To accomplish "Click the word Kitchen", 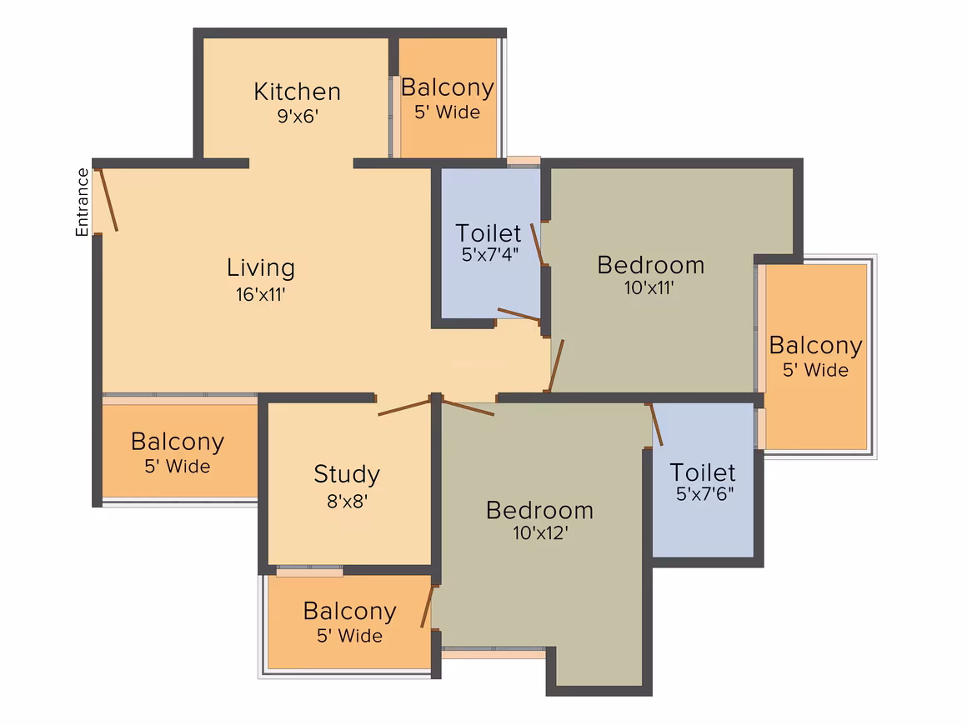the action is tap(298, 92).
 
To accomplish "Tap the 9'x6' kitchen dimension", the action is tap(298, 116).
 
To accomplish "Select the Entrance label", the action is tap(82, 202).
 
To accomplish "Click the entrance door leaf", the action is tap(108, 200).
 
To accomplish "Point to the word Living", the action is tap(261, 267).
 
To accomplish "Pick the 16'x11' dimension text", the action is tap(260, 295).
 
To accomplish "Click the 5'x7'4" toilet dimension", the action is tap(489, 254).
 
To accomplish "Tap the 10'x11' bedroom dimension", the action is tap(649, 287).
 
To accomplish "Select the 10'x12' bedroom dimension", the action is tap(540, 532).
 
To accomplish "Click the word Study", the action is tap(347, 474).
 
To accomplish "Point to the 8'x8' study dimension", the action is tap(348, 501).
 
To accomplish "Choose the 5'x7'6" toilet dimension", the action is tap(704, 494).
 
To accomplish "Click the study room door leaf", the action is tap(404, 407).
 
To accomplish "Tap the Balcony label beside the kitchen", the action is tap(447, 87).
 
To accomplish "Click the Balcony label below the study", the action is tap(349, 612).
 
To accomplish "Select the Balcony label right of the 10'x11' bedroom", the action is tap(815, 345).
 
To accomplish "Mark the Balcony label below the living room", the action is tap(178, 442).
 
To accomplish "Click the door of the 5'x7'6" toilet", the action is tap(656, 424).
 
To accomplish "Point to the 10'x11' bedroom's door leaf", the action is tap(556, 365).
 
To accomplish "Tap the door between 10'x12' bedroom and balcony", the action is tap(428, 607).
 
